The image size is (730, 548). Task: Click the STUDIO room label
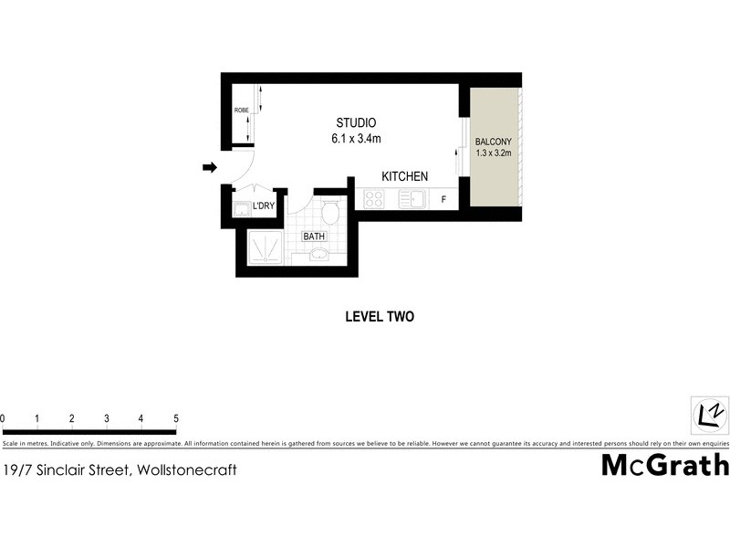[356, 123]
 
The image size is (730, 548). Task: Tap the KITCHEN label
[404, 176]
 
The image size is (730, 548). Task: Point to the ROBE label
[241, 111]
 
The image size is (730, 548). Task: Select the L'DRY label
[264, 205]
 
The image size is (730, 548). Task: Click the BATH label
[314, 236]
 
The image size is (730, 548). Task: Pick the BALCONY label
[494, 142]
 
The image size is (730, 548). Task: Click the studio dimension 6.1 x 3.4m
[356, 140]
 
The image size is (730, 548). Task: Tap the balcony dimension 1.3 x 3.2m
[494, 153]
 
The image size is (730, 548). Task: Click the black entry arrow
[209, 167]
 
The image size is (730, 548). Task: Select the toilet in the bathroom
[330, 212]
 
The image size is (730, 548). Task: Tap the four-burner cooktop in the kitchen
[374, 198]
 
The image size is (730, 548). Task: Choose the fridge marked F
[444, 199]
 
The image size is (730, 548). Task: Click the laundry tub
[240, 210]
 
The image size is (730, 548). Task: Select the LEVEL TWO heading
[380, 317]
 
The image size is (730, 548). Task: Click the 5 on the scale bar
[175, 418]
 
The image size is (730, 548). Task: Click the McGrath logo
[665, 465]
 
